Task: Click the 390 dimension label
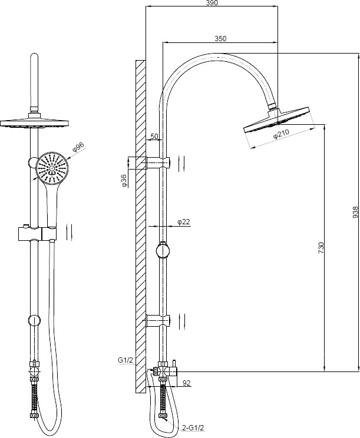click(x=212, y=3)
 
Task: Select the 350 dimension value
click(x=220, y=38)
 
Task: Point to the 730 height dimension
click(x=321, y=248)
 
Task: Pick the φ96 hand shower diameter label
click(x=78, y=147)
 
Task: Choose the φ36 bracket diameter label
click(x=124, y=181)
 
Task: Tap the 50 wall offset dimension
click(x=154, y=137)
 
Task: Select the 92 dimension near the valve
click(x=186, y=383)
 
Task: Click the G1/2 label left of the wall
click(x=125, y=360)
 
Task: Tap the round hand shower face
click(x=52, y=168)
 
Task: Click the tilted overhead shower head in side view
click(x=277, y=120)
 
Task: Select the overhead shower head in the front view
click(x=34, y=122)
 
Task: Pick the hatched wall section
click(x=141, y=226)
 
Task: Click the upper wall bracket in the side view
click(x=158, y=163)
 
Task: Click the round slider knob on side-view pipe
click(x=163, y=250)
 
